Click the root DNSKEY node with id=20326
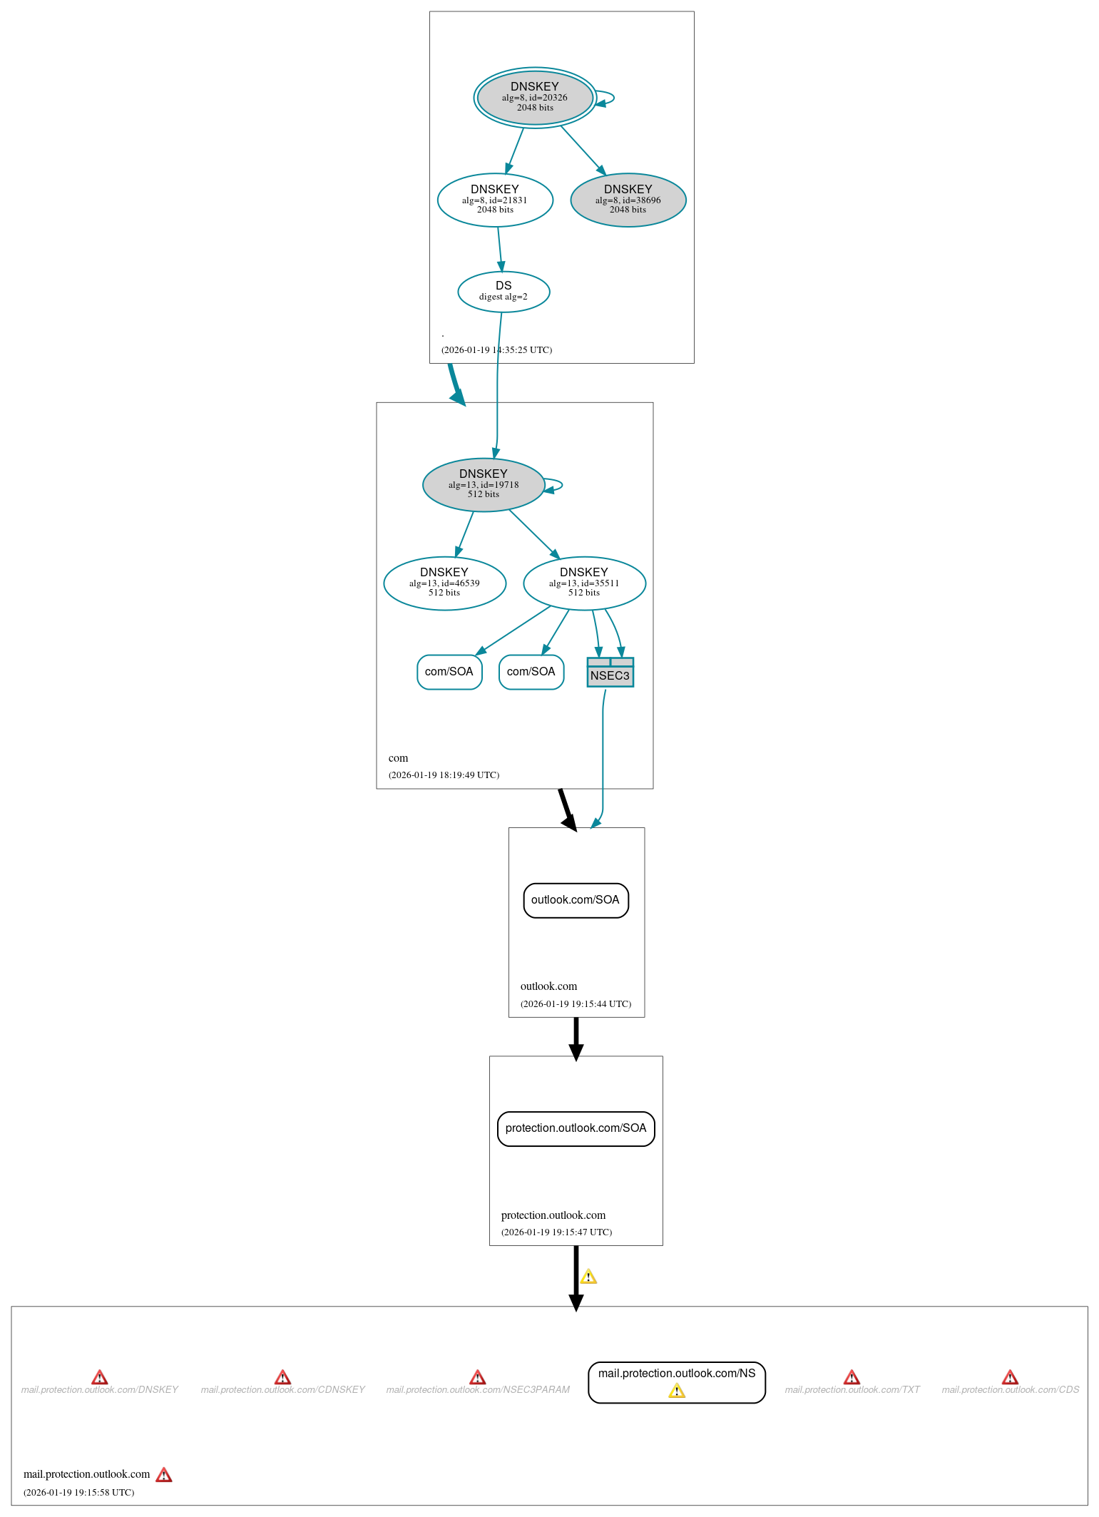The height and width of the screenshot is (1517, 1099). (535, 98)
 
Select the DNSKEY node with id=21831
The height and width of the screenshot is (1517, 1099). (495, 200)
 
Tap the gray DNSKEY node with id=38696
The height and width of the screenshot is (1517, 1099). (628, 200)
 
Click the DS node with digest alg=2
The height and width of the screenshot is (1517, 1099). (504, 291)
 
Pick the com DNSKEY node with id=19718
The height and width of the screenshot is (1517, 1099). (484, 484)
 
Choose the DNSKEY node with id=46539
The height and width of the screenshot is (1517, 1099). (444, 583)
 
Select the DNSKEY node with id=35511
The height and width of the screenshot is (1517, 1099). (584, 583)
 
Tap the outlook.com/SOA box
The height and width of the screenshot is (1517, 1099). (576, 900)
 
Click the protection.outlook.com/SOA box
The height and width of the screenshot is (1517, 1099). (576, 1128)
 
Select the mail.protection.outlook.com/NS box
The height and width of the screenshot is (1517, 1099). (676, 1374)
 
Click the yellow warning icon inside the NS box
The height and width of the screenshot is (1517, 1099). (677, 1391)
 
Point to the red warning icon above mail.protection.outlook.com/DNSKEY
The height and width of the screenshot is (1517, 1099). (100, 1376)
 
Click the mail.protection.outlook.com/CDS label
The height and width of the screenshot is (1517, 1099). (1010, 1389)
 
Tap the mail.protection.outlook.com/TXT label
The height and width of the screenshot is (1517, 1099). (852, 1389)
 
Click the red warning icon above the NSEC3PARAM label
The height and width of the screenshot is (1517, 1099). (478, 1376)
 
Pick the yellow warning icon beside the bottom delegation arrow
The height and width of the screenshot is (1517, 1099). (588, 1277)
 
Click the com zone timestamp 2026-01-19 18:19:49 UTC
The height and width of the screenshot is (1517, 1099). (444, 775)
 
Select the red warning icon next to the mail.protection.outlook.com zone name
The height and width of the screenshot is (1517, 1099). (164, 1474)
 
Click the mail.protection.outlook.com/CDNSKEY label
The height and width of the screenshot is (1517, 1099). (282, 1389)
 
